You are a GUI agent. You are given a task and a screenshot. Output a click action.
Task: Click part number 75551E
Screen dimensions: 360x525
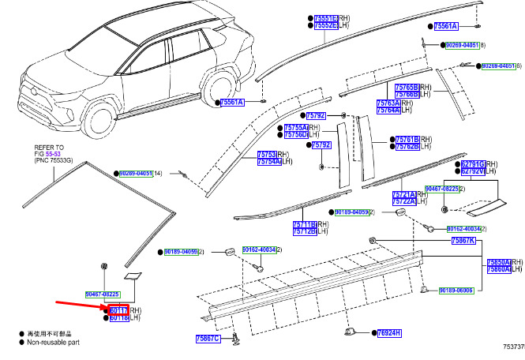click(326, 17)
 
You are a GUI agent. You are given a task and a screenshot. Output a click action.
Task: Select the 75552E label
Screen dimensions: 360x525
click(326, 25)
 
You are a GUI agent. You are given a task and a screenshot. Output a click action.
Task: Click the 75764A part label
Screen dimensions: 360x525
click(410, 111)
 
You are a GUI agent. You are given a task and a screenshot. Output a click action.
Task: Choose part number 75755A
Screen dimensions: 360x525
click(296, 127)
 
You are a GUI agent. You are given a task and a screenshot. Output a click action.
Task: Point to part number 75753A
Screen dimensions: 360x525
click(268, 154)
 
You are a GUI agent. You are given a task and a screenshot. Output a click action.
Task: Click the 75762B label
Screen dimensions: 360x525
click(407, 146)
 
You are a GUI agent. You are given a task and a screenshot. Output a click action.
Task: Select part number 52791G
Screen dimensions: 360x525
click(472, 163)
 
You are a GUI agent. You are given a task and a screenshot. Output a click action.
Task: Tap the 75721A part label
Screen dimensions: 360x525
click(404, 194)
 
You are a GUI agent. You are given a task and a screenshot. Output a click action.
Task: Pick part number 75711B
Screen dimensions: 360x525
click(304, 224)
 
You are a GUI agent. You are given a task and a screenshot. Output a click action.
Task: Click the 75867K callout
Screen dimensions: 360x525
click(463, 240)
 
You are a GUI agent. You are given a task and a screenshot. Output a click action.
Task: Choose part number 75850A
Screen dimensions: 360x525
click(499, 261)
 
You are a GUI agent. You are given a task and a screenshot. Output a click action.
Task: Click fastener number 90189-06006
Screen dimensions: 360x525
click(456, 291)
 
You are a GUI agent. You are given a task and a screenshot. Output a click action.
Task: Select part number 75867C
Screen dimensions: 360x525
click(209, 339)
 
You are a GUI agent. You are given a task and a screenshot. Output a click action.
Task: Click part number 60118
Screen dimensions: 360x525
click(118, 318)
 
